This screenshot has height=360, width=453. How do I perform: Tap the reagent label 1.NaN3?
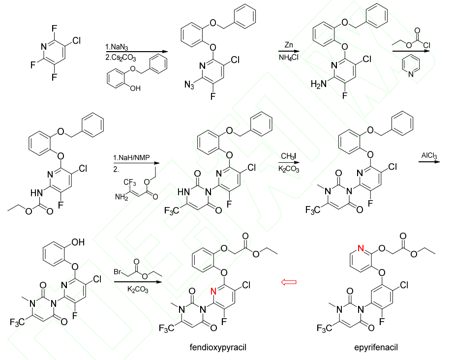[x=116, y=47]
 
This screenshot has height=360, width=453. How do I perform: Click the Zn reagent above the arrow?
[x=289, y=45]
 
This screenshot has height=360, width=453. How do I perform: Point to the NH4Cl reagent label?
[x=289, y=58]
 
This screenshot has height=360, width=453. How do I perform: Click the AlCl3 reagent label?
[x=429, y=156]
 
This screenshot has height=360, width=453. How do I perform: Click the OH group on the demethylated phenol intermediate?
[x=78, y=242]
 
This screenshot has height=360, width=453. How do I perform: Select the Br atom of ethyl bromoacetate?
[x=118, y=271]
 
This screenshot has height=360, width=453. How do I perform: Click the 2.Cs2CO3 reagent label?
[x=119, y=56]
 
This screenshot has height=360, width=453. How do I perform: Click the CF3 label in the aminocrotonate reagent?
[x=130, y=183]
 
